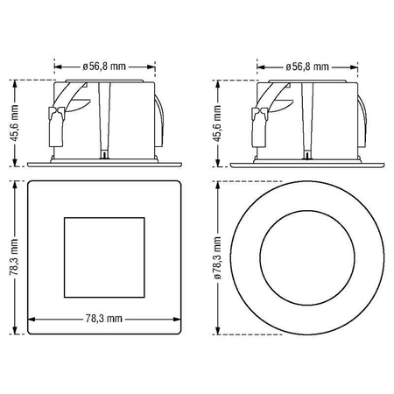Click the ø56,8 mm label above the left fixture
pos(104,67)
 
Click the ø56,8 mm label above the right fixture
pos(307,67)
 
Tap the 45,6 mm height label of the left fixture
pos(15,123)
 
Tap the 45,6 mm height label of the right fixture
pos(218,123)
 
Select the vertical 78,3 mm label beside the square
pos(14,257)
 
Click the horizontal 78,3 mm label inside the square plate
pos(104,319)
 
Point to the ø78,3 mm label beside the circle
pos(218,257)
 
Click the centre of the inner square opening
pos(104,257)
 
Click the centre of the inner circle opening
pos(307,257)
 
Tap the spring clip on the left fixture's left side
pos(56,126)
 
